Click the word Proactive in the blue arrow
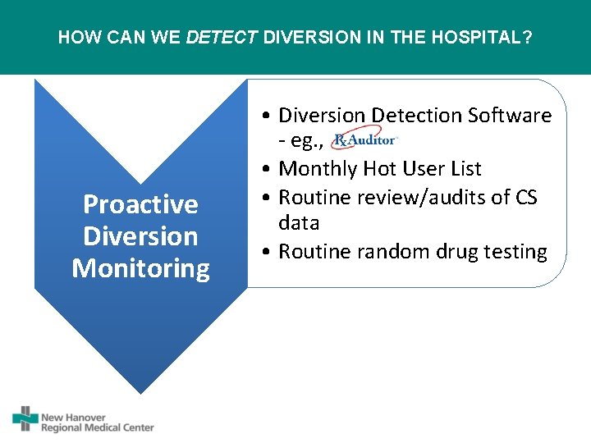coord(140,204)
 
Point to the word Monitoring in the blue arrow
coord(140,268)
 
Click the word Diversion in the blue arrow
coord(140,236)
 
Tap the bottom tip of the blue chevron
coord(140,391)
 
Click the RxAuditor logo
coord(365,141)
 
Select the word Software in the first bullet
coord(510,116)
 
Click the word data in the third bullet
coord(299,223)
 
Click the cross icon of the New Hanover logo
coord(25,418)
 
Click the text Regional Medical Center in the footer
coord(98,427)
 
